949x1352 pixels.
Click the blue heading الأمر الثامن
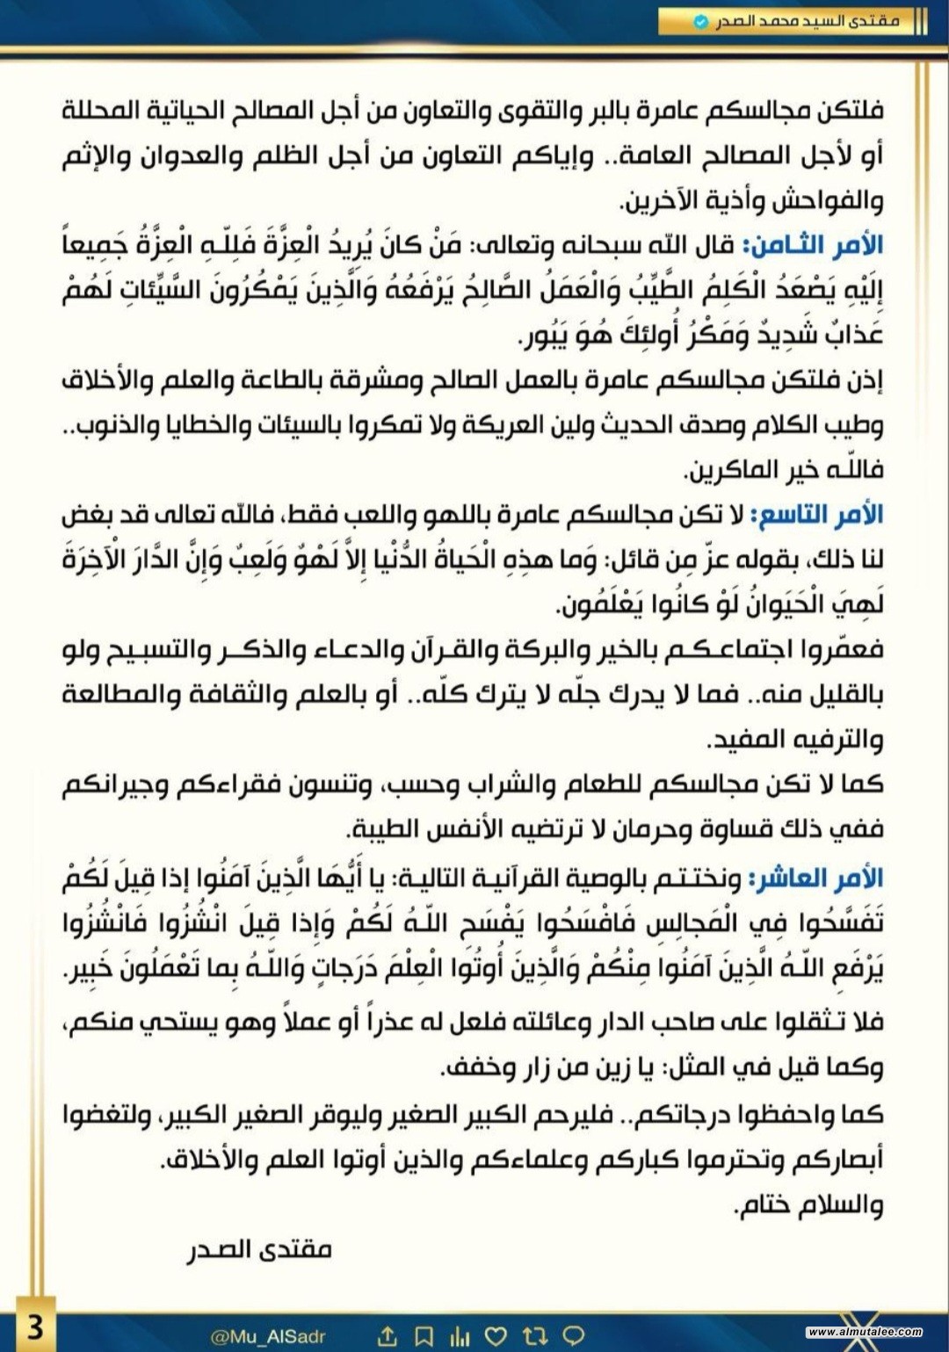point(813,246)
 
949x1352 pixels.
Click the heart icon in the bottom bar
point(496,1336)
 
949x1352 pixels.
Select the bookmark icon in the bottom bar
point(424,1336)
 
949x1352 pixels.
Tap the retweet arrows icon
point(534,1336)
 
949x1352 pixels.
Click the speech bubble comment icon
point(573,1336)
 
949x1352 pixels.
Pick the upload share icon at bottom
point(388,1336)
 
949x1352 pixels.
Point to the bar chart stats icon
point(460,1336)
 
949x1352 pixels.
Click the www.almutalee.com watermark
point(865,1332)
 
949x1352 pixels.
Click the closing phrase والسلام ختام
point(808,1205)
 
